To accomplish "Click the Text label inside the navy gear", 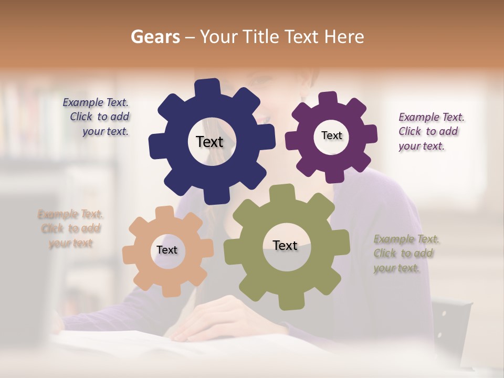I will (x=209, y=142).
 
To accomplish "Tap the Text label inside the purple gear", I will (x=331, y=135).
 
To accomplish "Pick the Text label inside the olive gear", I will (x=285, y=245).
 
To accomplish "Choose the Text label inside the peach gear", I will (x=167, y=250).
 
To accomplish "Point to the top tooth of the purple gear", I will (x=328, y=98).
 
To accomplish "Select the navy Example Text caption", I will (x=97, y=117).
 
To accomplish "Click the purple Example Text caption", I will (x=430, y=131).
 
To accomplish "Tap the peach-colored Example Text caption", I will (x=70, y=228).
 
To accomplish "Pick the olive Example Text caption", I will (x=405, y=254).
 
